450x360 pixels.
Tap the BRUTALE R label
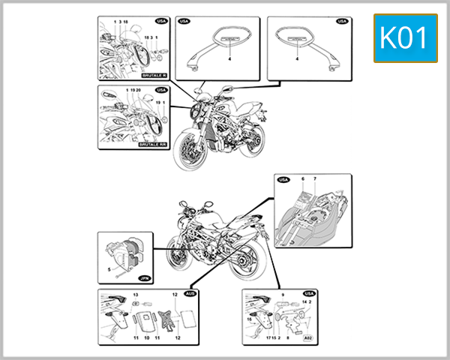(x=154, y=76)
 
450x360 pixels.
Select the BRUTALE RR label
(x=153, y=142)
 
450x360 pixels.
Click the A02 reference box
(x=308, y=337)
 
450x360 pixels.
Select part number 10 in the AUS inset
(x=146, y=338)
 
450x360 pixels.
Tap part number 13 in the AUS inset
(x=136, y=295)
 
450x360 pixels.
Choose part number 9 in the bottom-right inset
(x=282, y=295)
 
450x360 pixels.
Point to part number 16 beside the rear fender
(x=249, y=318)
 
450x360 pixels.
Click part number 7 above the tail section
(x=315, y=179)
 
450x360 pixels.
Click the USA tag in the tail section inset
(x=283, y=180)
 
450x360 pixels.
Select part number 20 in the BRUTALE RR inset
(x=139, y=90)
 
